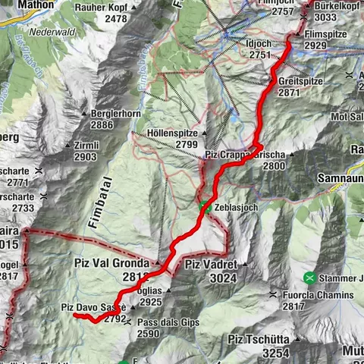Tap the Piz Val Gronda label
tap(109, 263)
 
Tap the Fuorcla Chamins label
tap(317, 294)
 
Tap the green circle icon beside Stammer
tap(309, 277)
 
